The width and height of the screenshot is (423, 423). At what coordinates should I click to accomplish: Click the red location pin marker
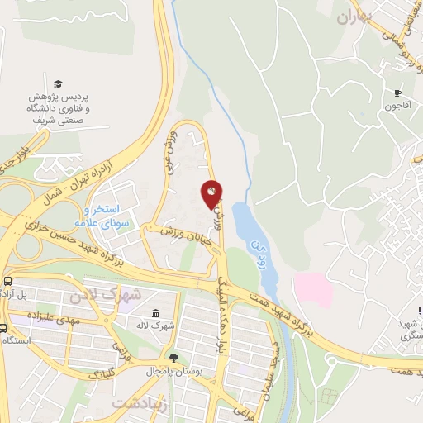pyautogui.click(x=211, y=193)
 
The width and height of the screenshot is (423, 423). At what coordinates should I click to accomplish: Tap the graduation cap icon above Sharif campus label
pyautogui.click(x=58, y=83)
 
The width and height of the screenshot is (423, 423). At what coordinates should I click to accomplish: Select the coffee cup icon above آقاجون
pyautogui.click(x=397, y=93)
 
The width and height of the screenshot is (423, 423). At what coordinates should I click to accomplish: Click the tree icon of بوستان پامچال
pyautogui.click(x=173, y=358)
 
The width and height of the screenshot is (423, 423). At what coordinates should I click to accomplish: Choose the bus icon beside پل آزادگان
pyautogui.click(x=7, y=282)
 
